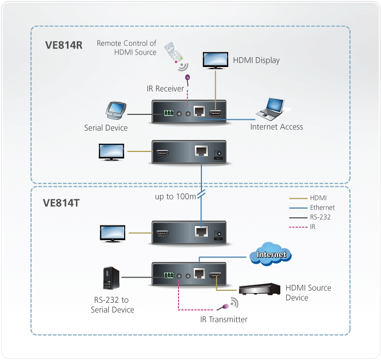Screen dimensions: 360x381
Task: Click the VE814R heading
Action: click(x=64, y=45)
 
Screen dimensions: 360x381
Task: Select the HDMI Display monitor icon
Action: click(x=216, y=60)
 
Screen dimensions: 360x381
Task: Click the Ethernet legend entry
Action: click(x=322, y=208)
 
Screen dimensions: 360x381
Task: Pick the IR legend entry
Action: click(x=312, y=227)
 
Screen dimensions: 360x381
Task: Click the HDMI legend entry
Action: click(x=318, y=198)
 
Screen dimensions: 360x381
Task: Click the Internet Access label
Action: click(x=276, y=127)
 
